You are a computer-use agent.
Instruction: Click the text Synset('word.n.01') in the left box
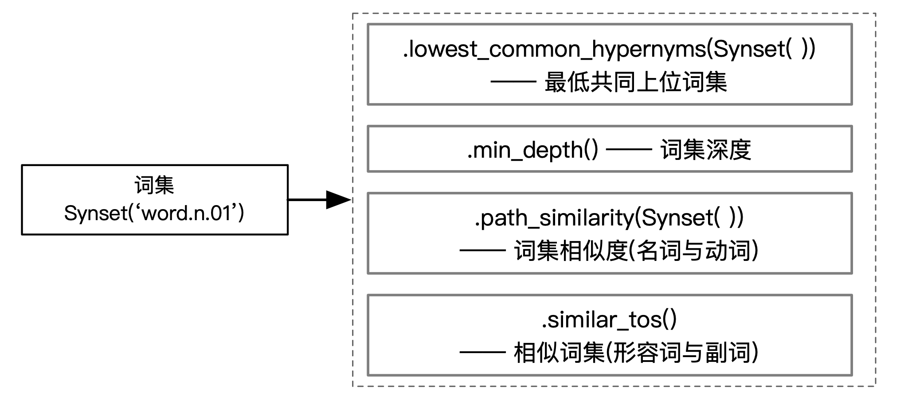[x=154, y=214]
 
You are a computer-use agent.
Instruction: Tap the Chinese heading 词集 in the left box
[x=154, y=185]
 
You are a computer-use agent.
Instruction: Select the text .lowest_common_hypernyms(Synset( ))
[x=609, y=49]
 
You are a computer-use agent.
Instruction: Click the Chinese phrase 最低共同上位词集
[x=636, y=82]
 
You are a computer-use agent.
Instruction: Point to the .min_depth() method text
[x=532, y=150]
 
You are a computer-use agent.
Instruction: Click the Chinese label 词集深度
[x=706, y=150]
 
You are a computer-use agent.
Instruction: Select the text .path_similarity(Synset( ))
[x=609, y=218]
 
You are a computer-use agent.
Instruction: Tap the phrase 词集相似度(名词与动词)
[x=637, y=251]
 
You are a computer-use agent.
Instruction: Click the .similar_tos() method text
[x=609, y=320]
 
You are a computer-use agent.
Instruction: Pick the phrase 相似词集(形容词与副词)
[x=637, y=353]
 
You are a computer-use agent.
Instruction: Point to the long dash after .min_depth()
[x=629, y=150]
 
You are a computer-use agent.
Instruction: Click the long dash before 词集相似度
[x=482, y=251]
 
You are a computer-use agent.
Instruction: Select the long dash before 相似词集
[x=482, y=353]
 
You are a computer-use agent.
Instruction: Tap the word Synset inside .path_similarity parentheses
[x=677, y=218]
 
